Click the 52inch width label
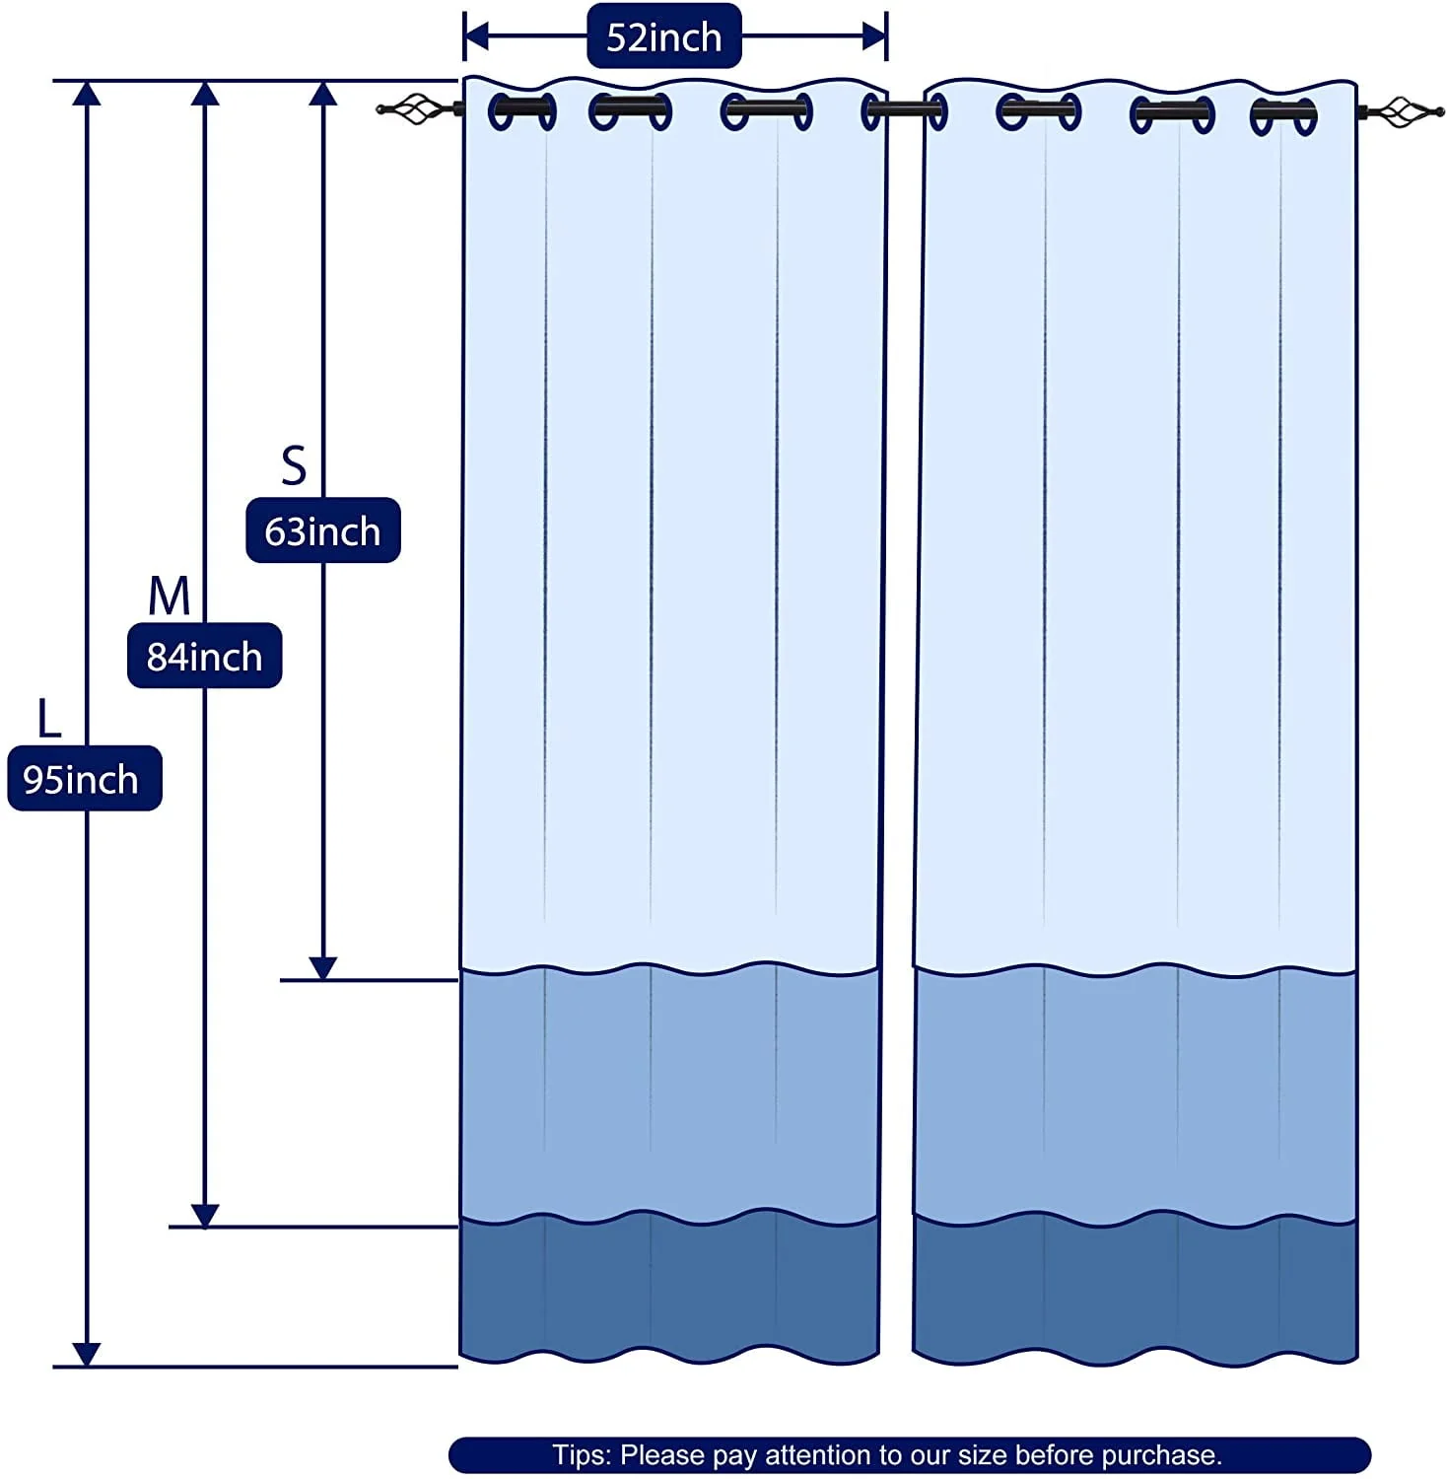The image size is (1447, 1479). coord(663,36)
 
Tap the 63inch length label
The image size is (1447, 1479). coord(322,530)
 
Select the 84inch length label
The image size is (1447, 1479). coord(204,656)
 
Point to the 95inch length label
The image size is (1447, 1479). coord(84,779)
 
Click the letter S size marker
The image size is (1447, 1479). coord(294,464)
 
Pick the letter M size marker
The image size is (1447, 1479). coord(169,596)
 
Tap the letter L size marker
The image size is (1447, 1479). coord(48,718)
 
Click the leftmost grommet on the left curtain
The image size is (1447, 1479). coord(521,111)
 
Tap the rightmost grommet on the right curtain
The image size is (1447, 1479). coord(1283,116)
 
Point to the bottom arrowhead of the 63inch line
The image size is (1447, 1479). coord(323,967)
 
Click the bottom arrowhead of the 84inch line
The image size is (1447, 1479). coord(205,1215)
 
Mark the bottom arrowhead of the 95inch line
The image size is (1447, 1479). coord(87,1354)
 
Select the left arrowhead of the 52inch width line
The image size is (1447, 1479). coord(476,36)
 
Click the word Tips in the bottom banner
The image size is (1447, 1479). coord(581,1455)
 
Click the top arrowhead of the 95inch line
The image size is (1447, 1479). coord(87,94)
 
